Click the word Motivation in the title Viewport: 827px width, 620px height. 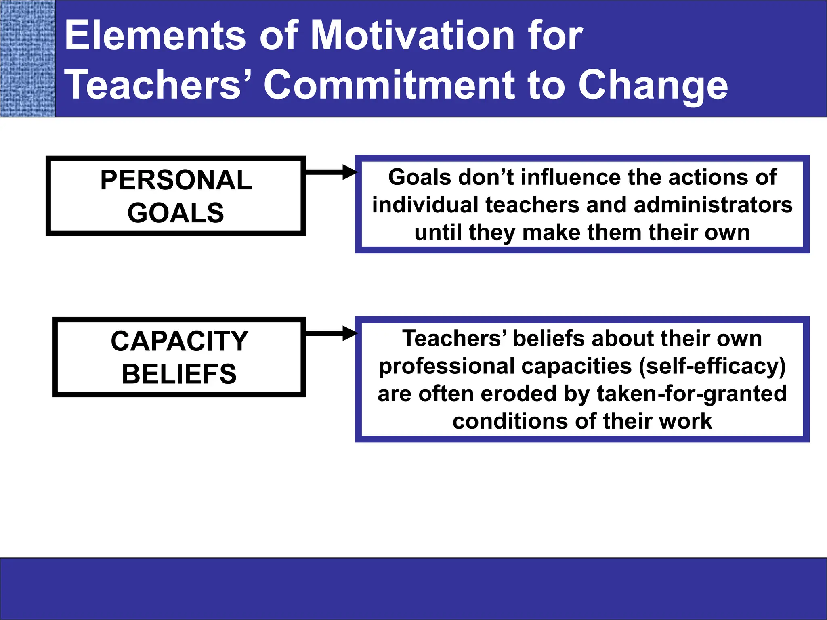412,36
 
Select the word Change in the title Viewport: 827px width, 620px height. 653,86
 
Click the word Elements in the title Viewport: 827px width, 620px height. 155,36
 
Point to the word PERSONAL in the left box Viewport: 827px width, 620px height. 176,180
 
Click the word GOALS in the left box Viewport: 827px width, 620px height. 176,213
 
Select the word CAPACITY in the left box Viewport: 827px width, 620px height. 179,341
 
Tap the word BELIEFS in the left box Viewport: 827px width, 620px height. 179,374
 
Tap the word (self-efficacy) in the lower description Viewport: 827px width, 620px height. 712,367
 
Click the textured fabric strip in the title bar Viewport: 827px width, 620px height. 27,59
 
